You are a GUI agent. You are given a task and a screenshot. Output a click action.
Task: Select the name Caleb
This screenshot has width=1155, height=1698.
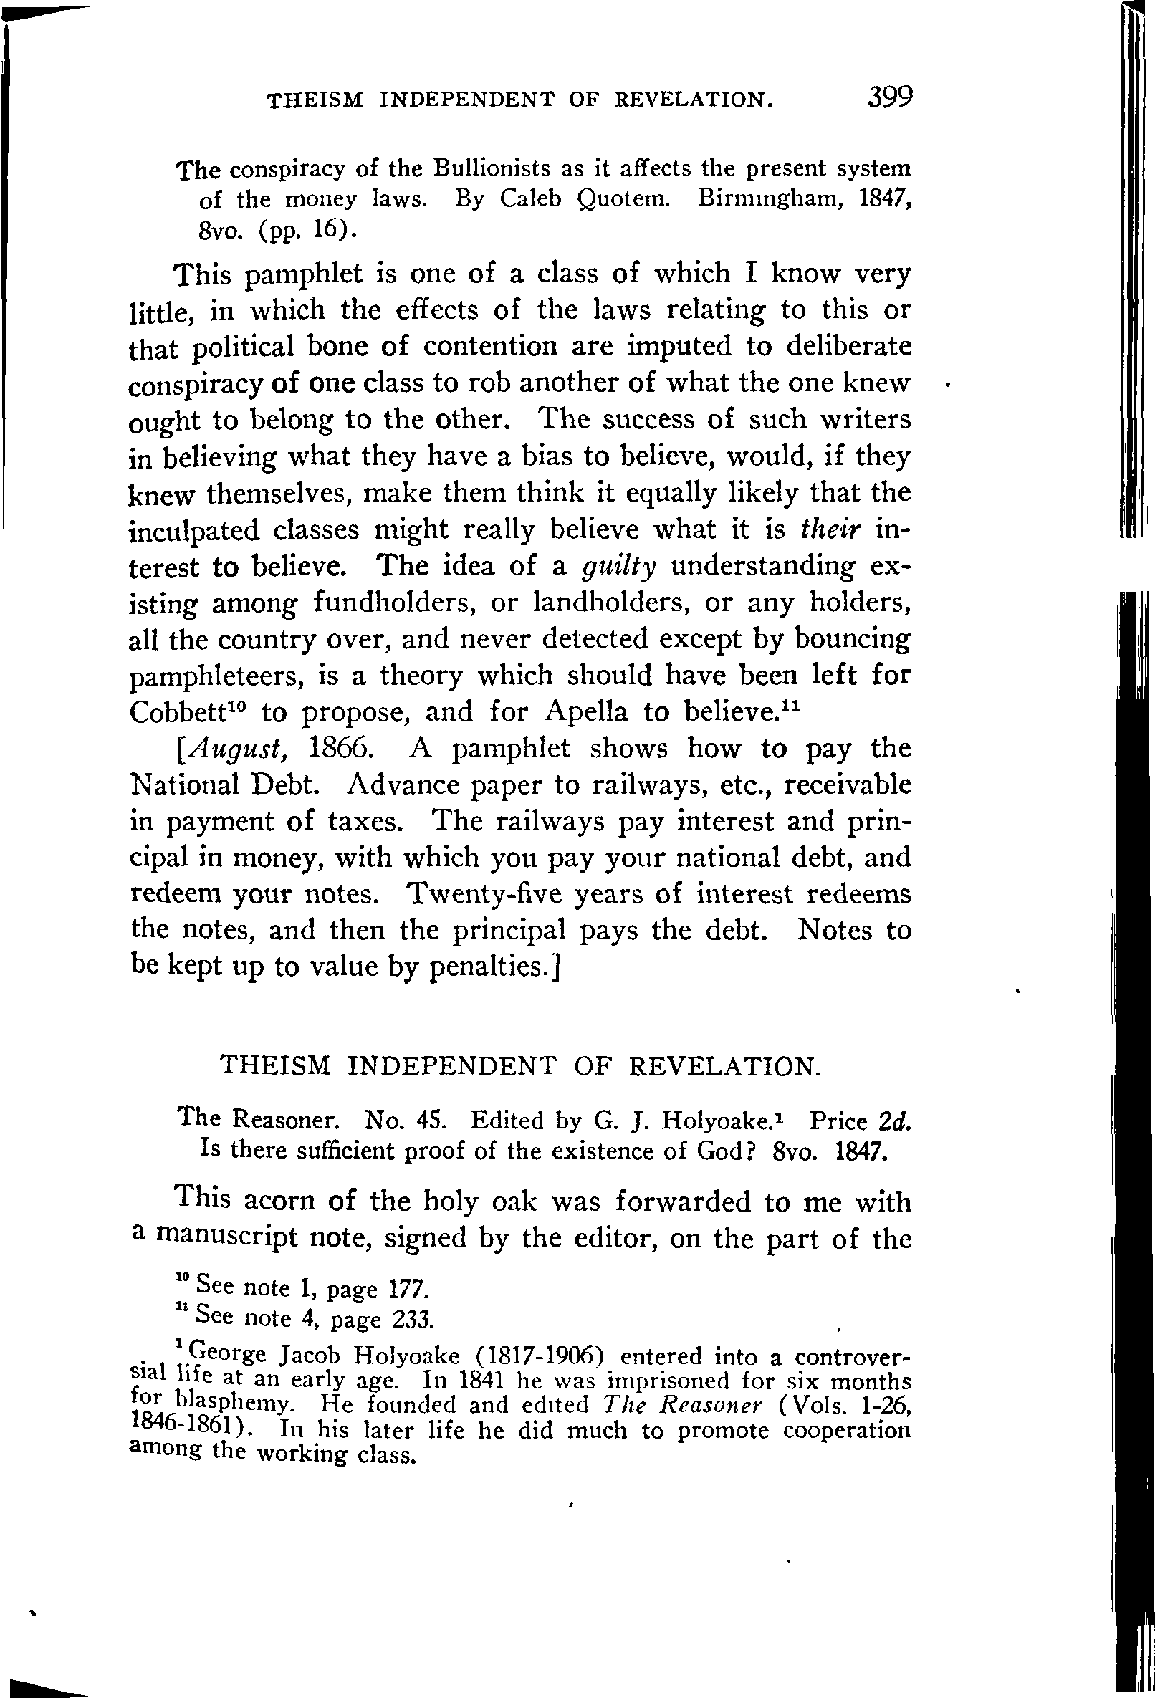click(532, 199)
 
